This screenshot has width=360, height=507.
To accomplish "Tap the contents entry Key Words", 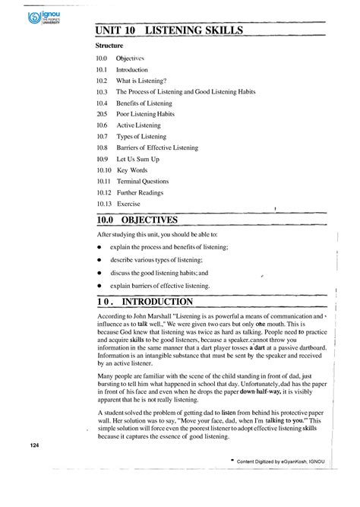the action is tap(134, 170).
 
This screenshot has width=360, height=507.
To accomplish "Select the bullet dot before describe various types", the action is tap(99, 260).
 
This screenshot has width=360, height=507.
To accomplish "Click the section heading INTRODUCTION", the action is tap(156, 302).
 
